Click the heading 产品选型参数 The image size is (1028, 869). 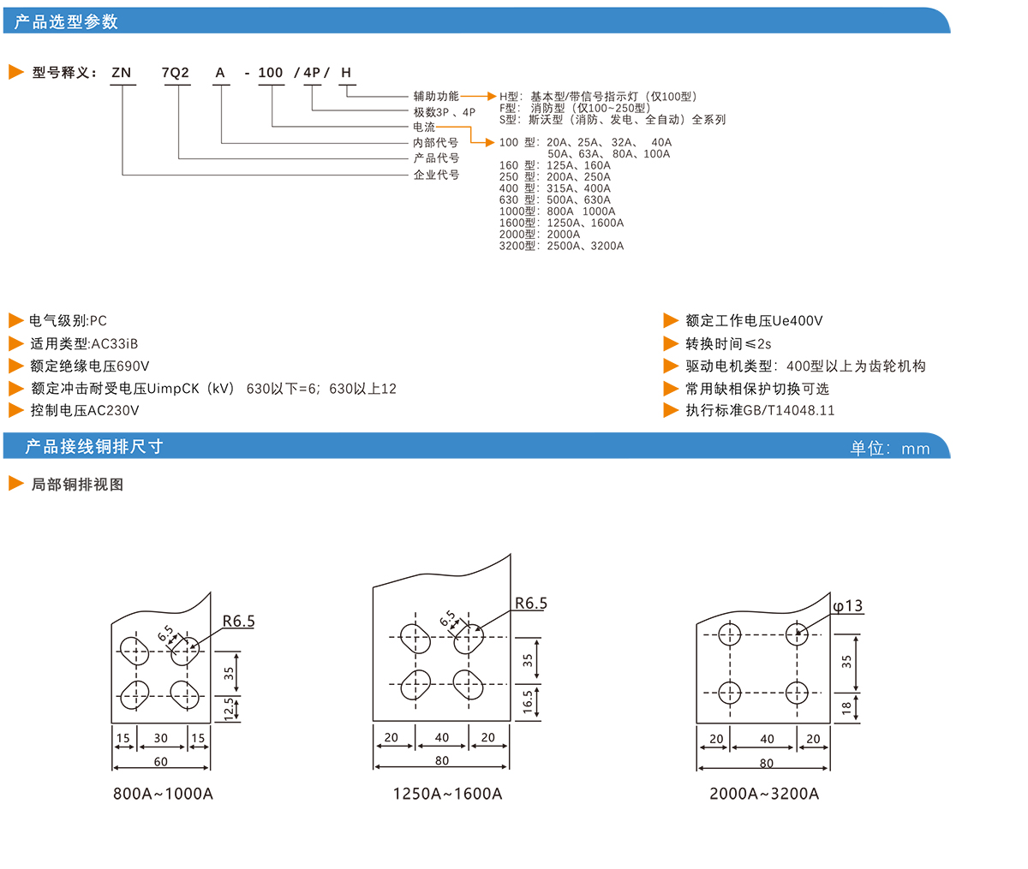click(67, 21)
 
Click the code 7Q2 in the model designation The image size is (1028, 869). click(175, 73)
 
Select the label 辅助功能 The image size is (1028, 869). click(436, 97)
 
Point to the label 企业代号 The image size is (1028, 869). click(436, 175)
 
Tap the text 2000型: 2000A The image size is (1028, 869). click(540, 234)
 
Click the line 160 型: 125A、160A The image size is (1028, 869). click(555, 165)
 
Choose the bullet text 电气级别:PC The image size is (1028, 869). click(68, 321)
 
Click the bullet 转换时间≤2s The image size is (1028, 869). click(727, 343)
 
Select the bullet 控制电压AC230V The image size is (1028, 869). click(84, 410)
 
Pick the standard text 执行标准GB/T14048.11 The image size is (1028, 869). click(759, 410)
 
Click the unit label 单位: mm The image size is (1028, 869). click(889, 449)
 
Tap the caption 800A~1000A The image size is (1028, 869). click(163, 794)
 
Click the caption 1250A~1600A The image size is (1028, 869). click(447, 794)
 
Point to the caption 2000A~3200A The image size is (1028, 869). click(764, 794)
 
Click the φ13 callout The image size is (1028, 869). click(847, 606)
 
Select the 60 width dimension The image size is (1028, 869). click(160, 761)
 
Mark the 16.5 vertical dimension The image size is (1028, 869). click(528, 701)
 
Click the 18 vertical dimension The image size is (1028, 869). click(846, 708)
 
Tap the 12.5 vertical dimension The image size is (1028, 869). click(229, 709)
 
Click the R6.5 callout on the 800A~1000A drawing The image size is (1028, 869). click(238, 622)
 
